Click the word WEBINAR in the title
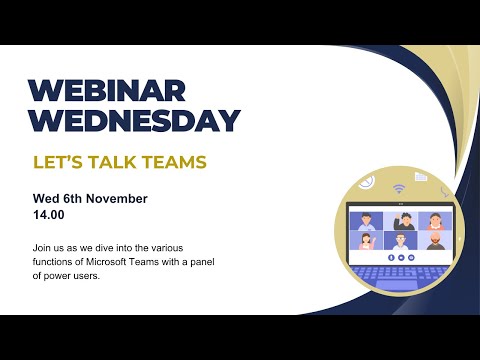[x=107, y=90]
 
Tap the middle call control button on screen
[x=400, y=256]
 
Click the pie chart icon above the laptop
[x=367, y=182]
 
